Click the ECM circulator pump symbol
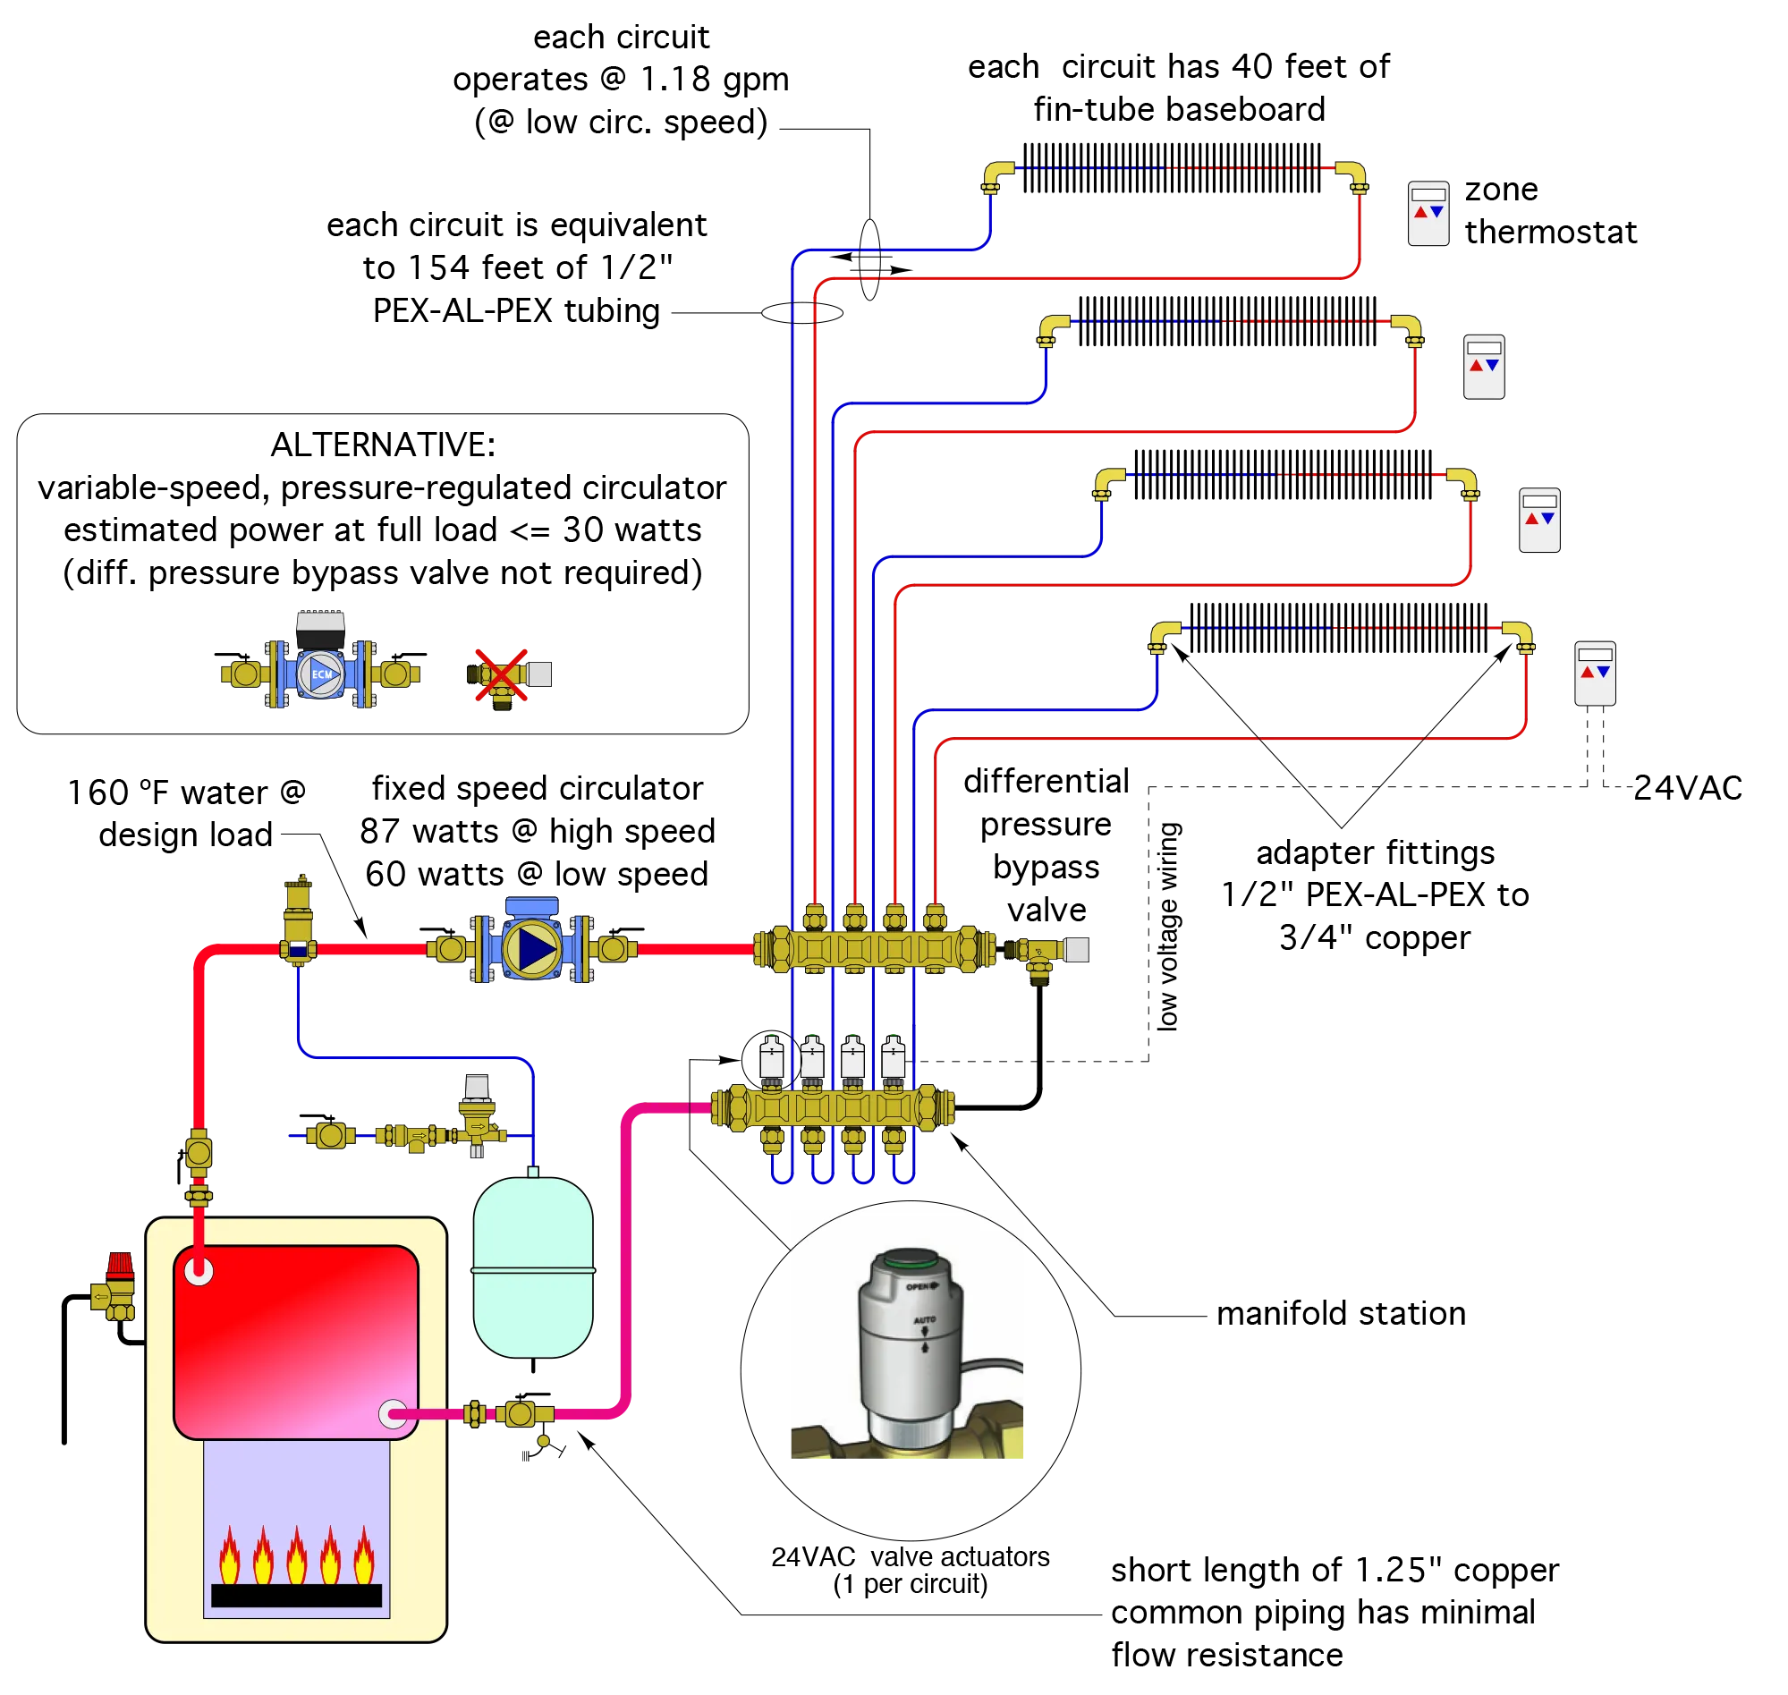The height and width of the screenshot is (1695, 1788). click(322, 674)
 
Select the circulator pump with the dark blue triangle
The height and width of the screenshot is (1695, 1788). click(532, 949)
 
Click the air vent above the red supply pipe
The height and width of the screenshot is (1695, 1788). click(297, 908)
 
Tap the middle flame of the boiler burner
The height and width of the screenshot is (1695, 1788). click(296, 1555)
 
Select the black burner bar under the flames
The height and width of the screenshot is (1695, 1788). click(296, 1596)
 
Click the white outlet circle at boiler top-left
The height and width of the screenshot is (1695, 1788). click(199, 1271)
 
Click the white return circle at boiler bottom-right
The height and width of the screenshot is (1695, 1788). click(392, 1414)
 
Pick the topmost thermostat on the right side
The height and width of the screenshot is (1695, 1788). click(1428, 213)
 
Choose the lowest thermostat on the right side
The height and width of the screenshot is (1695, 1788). click(1595, 674)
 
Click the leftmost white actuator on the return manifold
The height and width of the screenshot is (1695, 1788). click(771, 1059)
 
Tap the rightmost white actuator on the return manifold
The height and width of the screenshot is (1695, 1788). click(893, 1059)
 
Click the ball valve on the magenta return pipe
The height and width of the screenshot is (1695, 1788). click(518, 1414)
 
